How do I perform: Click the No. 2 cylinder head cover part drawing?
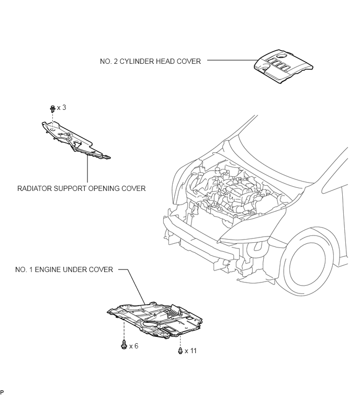click(x=283, y=66)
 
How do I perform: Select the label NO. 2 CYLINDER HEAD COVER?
click(x=150, y=61)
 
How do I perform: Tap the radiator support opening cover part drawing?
click(x=75, y=140)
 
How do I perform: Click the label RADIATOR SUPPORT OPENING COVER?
click(x=82, y=188)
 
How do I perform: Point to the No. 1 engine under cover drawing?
click(x=155, y=320)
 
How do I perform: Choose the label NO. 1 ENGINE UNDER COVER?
click(x=64, y=269)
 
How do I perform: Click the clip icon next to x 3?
click(x=53, y=109)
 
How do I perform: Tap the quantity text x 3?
click(x=61, y=108)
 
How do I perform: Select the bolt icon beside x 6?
click(x=124, y=344)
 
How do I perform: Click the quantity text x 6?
click(x=134, y=346)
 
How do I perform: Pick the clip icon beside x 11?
click(x=180, y=351)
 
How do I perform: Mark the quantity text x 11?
click(x=190, y=351)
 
